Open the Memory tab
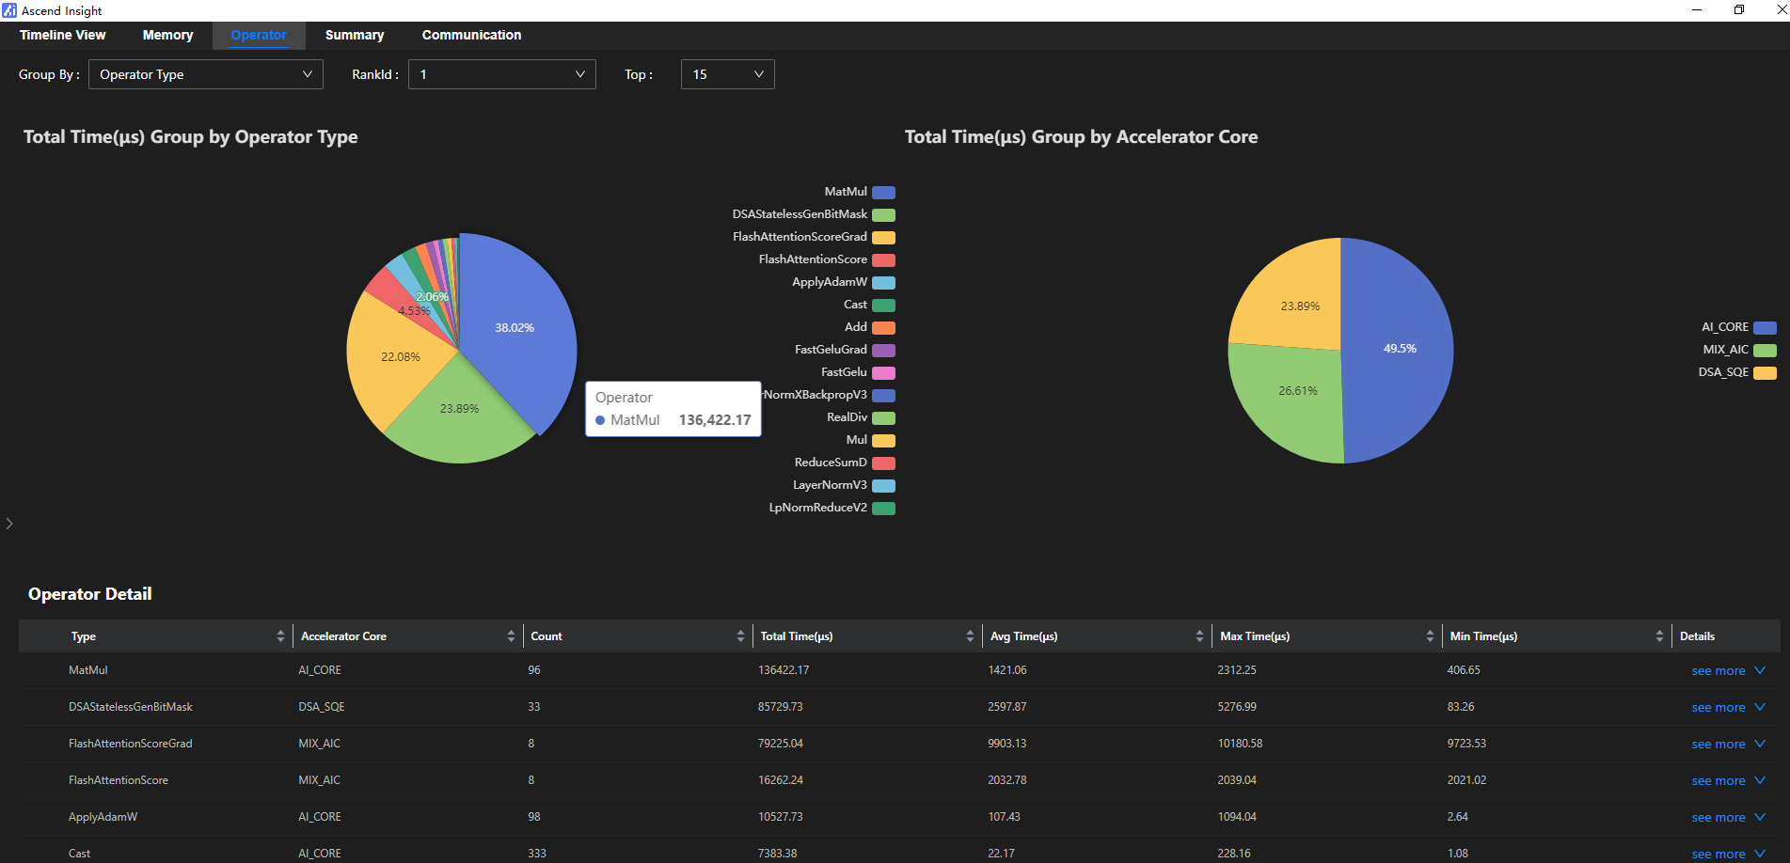tap(167, 35)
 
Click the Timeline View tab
tap(63, 35)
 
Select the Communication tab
tap(471, 35)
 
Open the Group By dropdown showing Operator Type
tap(205, 74)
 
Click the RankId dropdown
tap(501, 74)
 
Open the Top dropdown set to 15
tap(727, 74)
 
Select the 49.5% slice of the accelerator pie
tap(1399, 349)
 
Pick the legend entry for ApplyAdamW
tap(842, 282)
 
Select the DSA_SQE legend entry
tap(1736, 372)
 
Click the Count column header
tap(547, 636)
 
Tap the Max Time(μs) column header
tap(1255, 636)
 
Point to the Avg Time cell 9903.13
tap(1006, 744)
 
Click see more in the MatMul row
tap(1719, 671)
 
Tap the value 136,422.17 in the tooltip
tap(715, 420)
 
